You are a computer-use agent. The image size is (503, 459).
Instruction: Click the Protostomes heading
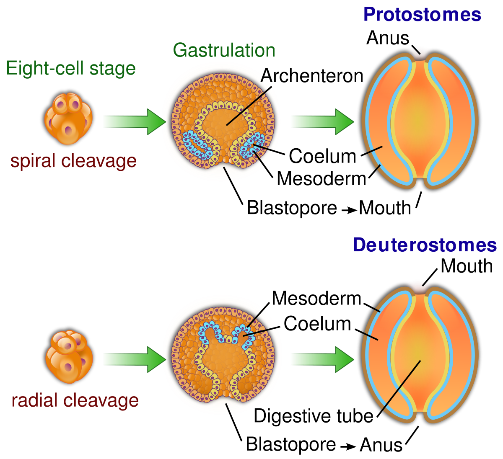pyautogui.click(x=422, y=15)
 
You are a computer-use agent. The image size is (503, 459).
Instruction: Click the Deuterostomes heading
pyautogui.click(x=425, y=245)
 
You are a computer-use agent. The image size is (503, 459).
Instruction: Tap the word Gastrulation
pyautogui.click(x=224, y=50)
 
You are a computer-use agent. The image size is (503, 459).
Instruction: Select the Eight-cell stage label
pyautogui.click(x=71, y=68)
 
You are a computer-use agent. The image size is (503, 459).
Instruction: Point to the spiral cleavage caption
pyautogui.click(x=73, y=161)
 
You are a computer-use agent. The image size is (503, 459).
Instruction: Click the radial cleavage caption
pyautogui.click(x=75, y=401)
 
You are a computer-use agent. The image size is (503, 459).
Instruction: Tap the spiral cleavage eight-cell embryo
pyautogui.click(x=68, y=118)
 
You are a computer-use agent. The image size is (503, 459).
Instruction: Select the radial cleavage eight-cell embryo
pyautogui.click(x=68, y=357)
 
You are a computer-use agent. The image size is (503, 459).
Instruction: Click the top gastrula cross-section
pyautogui.click(x=221, y=121)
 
